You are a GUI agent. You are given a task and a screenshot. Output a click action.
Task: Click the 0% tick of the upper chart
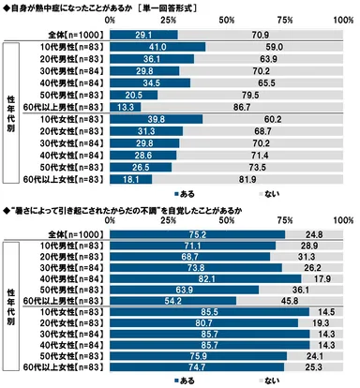click(x=110, y=19)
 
